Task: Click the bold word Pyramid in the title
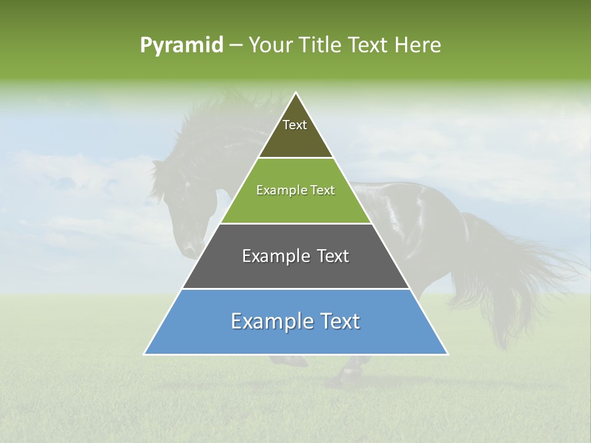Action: pos(182,45)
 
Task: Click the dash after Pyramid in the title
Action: pos(236,46)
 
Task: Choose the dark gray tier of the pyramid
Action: pos(295,271)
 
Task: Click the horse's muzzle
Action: pos(191,249)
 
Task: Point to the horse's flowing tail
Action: pos(523,277)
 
